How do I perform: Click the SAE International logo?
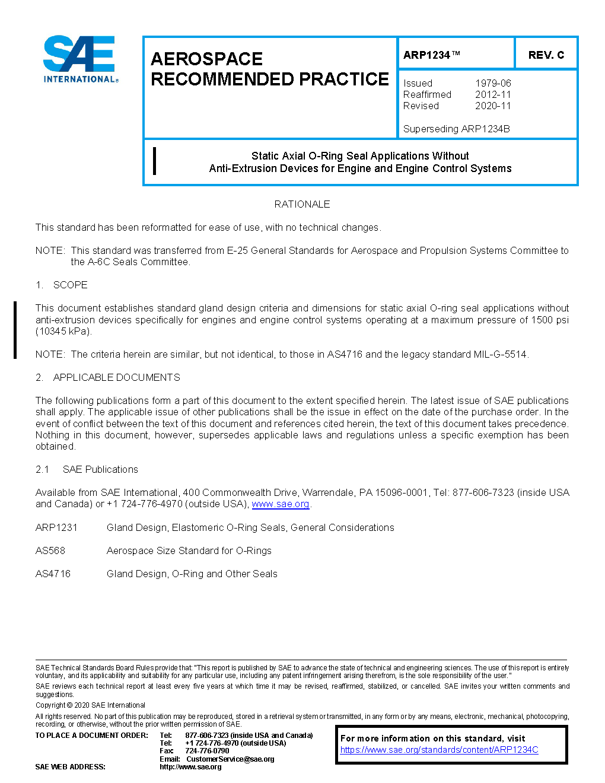[x=80, y=59]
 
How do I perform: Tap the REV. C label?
[x=546, y=55]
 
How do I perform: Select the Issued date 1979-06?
[x=493, y=84]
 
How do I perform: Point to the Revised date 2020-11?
[x=493, y=106]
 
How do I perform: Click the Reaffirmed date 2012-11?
[x=493, y=95]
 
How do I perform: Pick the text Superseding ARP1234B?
[x=456, y=129]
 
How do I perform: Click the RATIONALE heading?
[x=302, y=205]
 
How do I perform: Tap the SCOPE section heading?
[x=70, y=285]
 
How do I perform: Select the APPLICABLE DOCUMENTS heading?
[x=116, y=378]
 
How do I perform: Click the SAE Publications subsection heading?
[x=100, y=470]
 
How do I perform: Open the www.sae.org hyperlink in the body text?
[x=281, y=504]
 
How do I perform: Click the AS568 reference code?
[x=50, y=551]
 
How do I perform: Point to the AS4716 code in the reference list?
[x=53, y=574]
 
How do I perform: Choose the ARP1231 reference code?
[x=56, y=528]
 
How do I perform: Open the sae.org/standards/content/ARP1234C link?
[x=439, y=750]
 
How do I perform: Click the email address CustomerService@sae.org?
[x=230, y=759]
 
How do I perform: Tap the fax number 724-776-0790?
[x=207, y=751]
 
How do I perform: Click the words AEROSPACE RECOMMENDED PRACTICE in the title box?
[x=269, y=69]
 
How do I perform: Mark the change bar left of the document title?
[x=155, y=161]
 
